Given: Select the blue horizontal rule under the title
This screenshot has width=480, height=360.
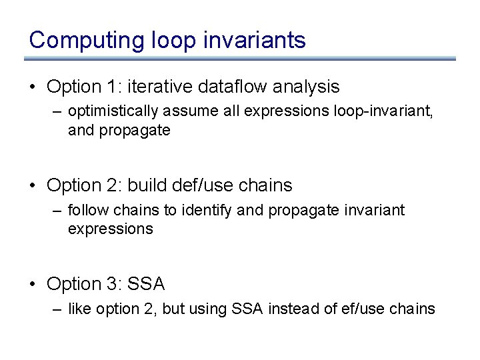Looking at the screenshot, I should (240, 59).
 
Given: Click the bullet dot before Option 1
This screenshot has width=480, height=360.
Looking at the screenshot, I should (33, 87).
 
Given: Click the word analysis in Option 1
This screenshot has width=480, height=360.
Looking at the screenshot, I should (306, 87).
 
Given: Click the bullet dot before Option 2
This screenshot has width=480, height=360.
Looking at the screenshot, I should (33, 186).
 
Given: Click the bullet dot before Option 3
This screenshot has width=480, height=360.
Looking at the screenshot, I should (33, 285).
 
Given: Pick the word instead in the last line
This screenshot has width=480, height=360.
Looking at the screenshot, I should (291, 309).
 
